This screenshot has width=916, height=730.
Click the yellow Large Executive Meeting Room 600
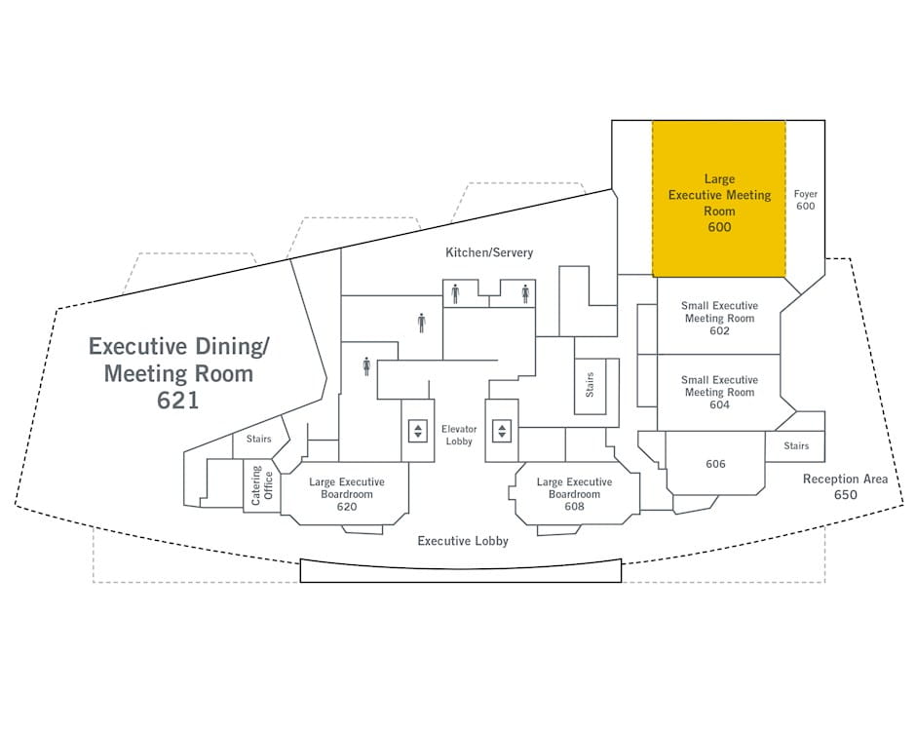pos(719,199)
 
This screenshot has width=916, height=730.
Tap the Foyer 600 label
pos(805,200)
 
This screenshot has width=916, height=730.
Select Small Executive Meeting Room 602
pos(719,318)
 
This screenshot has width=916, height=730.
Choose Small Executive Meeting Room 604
pos(719,392)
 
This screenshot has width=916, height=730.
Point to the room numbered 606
pos(715,464)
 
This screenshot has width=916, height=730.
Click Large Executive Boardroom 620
pos(347,494)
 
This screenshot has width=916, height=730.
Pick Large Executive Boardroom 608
pos(574,494)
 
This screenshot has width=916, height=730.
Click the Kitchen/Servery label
pos(489,252)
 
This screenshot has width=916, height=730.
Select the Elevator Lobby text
pos(458,436)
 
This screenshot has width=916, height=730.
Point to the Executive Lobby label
pos(463,540)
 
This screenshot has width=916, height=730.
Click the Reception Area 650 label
pos(845,486)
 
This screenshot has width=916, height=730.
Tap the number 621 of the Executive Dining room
pos(178,399)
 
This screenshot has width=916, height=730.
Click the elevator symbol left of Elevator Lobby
pos(418,431)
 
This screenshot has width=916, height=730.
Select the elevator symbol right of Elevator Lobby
pos(502,431)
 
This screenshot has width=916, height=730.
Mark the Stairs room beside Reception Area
pos(796,446)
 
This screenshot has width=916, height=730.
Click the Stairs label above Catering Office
pos(258,440)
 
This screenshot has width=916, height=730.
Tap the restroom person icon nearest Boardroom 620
pos(366,365)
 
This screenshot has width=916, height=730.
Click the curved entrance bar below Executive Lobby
pos(460,570)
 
